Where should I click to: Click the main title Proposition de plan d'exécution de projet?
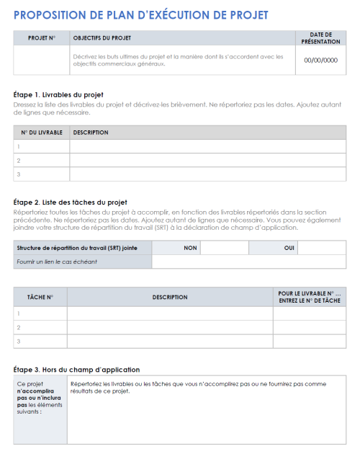[x=141, y=15]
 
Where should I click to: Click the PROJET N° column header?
[x=42, y=37]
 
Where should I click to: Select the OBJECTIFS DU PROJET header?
[x=102, y=37]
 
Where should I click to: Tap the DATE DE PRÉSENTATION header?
[x=320, y=37]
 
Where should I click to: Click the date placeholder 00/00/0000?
[x=320, y=61]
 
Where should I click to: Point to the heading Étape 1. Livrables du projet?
[x=59, y=94]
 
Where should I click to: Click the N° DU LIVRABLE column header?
[x=42, y=133]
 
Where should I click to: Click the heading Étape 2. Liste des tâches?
[x=71, y=202]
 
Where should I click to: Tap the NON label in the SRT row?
[x=190, y=247]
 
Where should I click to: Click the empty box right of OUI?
[x=322, y=247]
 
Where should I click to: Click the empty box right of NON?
[x=224, y=247]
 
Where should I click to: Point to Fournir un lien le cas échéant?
[x=57, y=261]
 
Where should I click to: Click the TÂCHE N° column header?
[x=40, y=297]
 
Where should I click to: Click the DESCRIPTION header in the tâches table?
[x=170, y=297]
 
